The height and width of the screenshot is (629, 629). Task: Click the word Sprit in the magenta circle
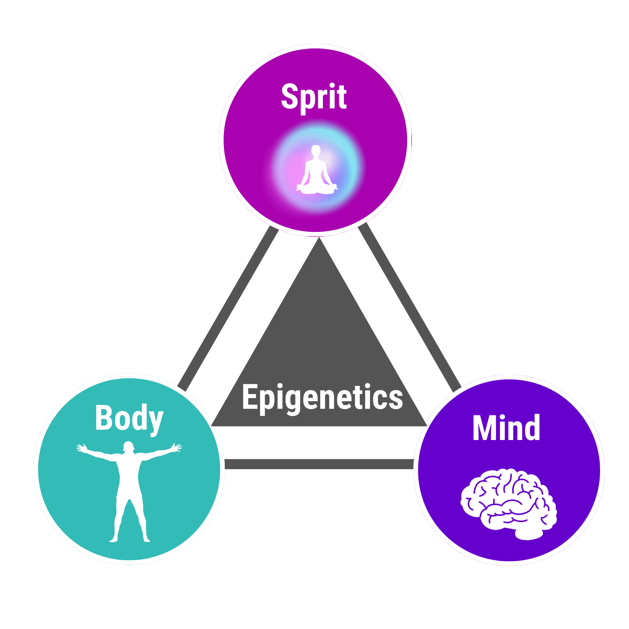coord(314,97)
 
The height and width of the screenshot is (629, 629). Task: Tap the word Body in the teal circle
coord(129,418)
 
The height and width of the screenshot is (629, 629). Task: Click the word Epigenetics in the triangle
coord(322,398)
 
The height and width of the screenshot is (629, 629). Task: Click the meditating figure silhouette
coord(316,171)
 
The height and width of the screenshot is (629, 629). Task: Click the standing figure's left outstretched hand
coord(82,448)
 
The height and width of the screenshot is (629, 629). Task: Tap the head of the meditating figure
coord(316,149)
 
